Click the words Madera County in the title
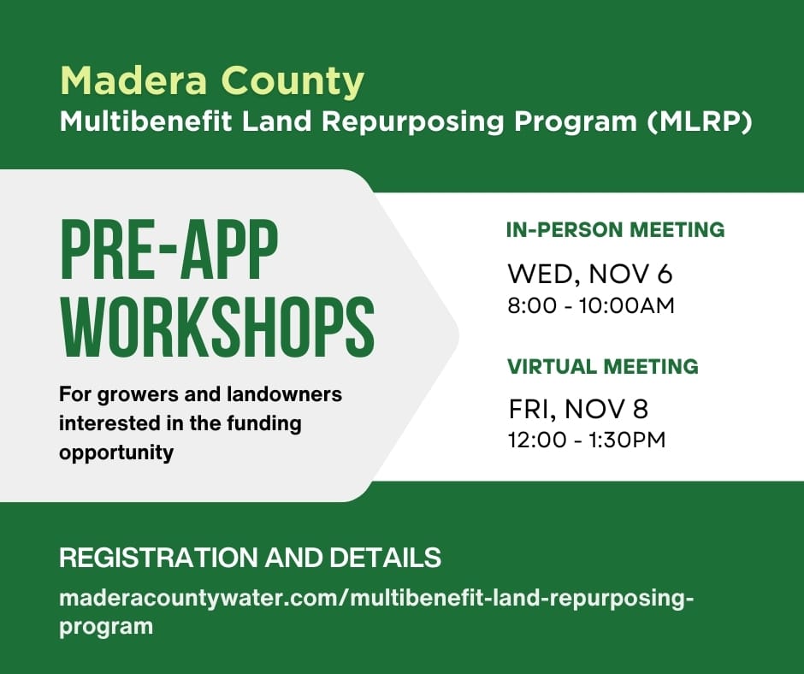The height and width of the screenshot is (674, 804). coord(212,81)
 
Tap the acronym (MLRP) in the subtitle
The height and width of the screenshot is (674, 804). coord(700,122)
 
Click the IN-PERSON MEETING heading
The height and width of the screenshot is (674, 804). coord(615,230)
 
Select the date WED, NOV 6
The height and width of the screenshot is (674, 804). coord(590,275)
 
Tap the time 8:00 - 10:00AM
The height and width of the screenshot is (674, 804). coord(591,305)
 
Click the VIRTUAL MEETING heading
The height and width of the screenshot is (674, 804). coord(602,367)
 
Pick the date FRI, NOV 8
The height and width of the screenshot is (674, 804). coord(578,410)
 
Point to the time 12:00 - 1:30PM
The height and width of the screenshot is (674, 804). coord(587,440)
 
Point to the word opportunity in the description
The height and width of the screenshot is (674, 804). coord(115,452)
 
